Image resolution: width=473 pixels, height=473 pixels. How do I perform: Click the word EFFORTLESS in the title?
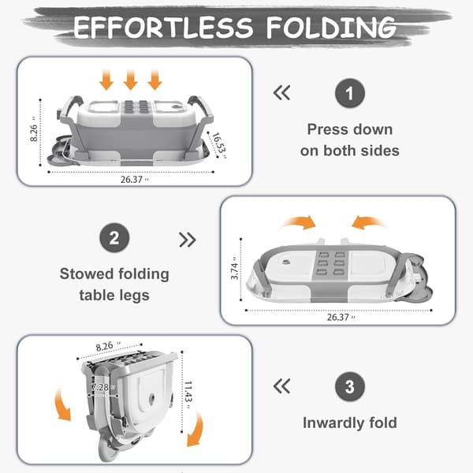pyautogui.click(x=163, y=28)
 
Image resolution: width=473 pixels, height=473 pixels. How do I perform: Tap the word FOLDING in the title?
pyautogui.click(x=331, y=28)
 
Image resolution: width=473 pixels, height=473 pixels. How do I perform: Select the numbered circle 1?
pyautogui.click(x=350, y=93)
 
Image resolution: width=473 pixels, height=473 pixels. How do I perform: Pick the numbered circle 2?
pyautogui.click(x=114, y=238)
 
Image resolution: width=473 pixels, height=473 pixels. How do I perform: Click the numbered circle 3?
pyautogui.click(x=350, y=386)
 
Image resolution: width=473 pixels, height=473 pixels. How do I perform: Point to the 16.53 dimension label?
pyautogui.click(x=219, y=145)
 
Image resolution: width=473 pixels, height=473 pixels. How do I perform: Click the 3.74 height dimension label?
pyautogui.click(x=234, y=269)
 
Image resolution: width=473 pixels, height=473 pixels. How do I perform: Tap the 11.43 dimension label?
pyautogui.click(x=188, y=395)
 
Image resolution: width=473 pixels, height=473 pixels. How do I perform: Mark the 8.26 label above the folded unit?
pyautogui.click(x=108, y=346)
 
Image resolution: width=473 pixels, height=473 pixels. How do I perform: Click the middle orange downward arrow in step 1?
pyautogui.click(x=131, y=80)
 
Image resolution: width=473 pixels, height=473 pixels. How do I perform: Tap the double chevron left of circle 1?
pyautogui.click(x=281, y=92)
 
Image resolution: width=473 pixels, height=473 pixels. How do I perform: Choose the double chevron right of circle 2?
pyautogui.click(x=188, y=240)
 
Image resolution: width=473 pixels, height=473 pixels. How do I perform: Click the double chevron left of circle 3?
pyautogui.click(x=281, y=386)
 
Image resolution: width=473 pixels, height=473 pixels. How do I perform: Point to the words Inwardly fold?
pyautogui.click(x=350, y=423)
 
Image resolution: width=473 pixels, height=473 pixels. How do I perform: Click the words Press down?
pyautogui.click(x=350, y=130)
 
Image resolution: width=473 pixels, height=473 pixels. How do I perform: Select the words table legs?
pyautogui.click(x=114, y=296)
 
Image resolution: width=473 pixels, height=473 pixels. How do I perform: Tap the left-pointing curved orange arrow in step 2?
pyautogui.click(x=369, y=222)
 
